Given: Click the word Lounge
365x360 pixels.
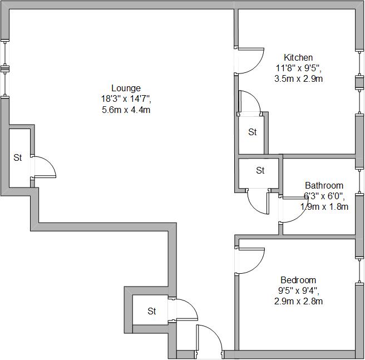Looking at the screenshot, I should point(126,88).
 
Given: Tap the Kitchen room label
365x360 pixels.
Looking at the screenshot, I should point(298,57).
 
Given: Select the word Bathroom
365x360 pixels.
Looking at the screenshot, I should point(324,185).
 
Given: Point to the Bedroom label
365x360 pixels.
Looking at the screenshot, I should point(298,280).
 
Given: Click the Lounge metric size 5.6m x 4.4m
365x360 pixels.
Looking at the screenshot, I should point(126,110).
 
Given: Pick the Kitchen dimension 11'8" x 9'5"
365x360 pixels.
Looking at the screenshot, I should point(298,68).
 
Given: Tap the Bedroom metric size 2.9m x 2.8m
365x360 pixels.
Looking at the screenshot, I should point(298,302).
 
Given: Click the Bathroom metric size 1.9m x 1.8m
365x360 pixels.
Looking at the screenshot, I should point(324,207).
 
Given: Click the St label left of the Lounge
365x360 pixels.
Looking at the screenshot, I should point(18,157).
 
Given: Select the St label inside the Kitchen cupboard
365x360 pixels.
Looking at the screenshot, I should point(253,132).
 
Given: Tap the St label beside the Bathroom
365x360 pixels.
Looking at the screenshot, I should point(260,171).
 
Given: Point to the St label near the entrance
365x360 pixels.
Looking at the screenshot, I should point(152,311).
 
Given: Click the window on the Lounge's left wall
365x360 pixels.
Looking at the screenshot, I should point(6,69).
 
